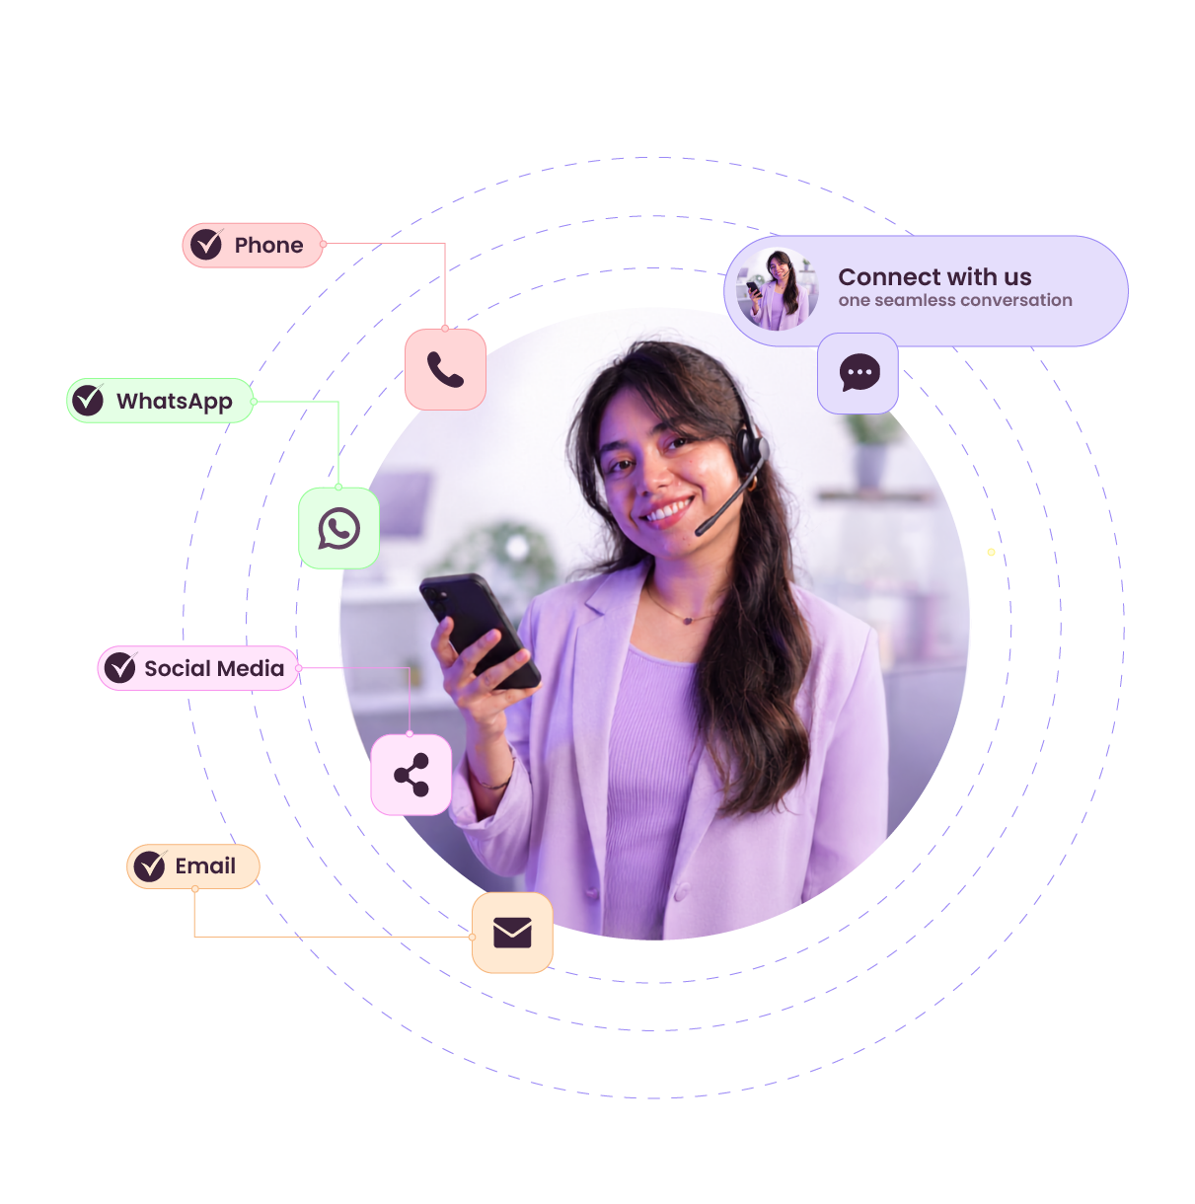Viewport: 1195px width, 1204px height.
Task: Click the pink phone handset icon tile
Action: coord(445,369)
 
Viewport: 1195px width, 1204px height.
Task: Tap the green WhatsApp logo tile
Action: coord(338,528)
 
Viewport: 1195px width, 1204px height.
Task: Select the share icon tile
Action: coord(411,774)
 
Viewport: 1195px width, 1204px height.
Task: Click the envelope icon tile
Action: coord(512,933)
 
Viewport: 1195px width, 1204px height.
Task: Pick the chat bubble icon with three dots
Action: coord(859,372)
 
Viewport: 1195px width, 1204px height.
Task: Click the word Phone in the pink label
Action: coord(268,245)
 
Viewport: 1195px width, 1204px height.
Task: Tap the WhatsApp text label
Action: coord(175,401)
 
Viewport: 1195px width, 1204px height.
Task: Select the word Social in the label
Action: coord(177,668)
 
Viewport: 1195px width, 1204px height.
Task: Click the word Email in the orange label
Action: coord(205,865)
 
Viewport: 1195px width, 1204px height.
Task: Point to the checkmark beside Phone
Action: coord(206,244)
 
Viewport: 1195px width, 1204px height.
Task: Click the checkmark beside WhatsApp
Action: coord(88,400)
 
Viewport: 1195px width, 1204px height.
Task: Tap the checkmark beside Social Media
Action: coord(120,667)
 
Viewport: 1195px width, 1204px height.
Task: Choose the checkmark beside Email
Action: coord(150,865)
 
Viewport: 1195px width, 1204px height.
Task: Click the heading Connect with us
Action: coord(934,276)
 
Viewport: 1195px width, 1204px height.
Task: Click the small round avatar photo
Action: coord(777,289)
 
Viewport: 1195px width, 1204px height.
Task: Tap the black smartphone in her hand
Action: coord(480,631)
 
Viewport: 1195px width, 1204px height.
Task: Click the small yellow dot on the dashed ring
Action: coord(991,552)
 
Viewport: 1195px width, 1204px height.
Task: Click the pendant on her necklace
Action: coord(687,621)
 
